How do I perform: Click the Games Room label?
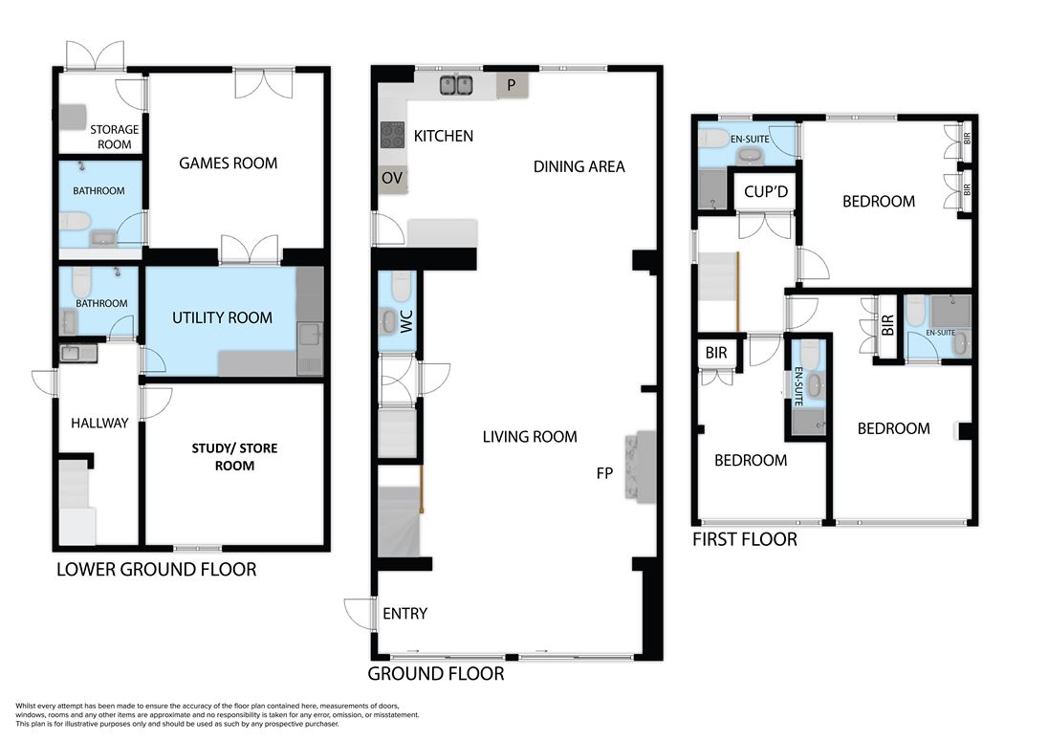[228, 163]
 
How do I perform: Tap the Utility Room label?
[222, 317]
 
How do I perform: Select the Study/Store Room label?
[234, 456]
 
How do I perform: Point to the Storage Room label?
[115, 137]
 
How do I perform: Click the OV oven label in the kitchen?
[392, 178]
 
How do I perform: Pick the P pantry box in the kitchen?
[513, 85]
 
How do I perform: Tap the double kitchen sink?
[456, 85]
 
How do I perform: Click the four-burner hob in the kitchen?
[392, 134]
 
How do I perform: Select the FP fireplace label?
[604, 473]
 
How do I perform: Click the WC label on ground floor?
[407, 321]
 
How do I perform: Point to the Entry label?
[404, 614]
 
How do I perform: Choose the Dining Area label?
[579, 166]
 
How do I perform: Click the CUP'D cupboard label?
[766, 192]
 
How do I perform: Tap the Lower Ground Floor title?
[157, 569]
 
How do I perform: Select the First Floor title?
[745, 539]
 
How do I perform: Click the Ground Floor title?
[436, 673]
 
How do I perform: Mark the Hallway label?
[99, 423]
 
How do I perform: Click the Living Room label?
[530, 437]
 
